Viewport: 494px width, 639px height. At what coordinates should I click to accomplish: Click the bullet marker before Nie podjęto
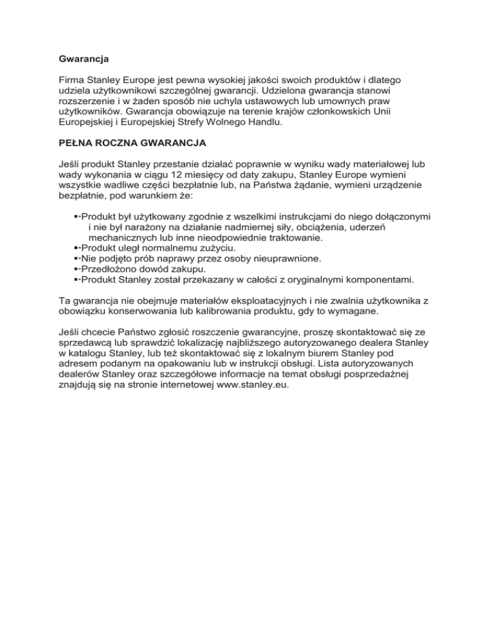77,258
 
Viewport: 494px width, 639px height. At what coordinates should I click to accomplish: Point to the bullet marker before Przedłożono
77,269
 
